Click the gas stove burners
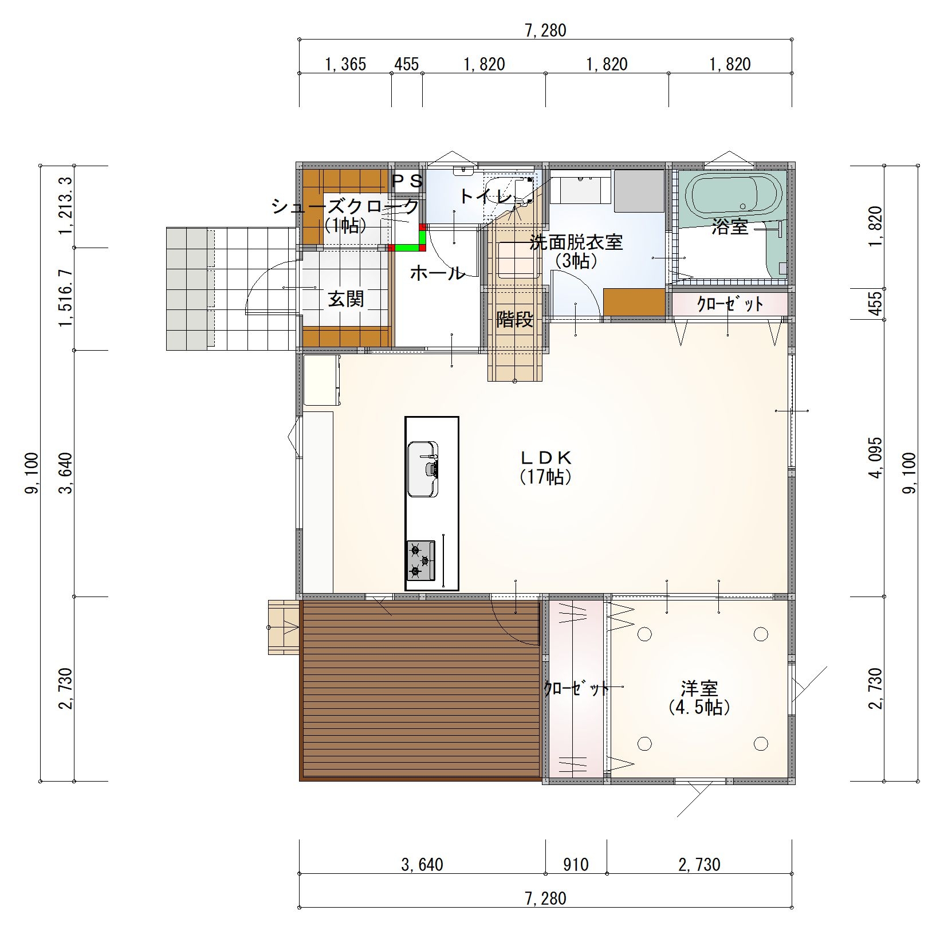click(421, 560)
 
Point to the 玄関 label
click(345, 299)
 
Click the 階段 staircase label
click(514, 319)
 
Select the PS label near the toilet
click(407, 181)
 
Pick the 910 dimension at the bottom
click(575, 864)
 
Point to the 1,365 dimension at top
click(345, 64)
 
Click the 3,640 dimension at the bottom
click(422, 864)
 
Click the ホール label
click(437, 273)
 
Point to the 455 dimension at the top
click(407, 64)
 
